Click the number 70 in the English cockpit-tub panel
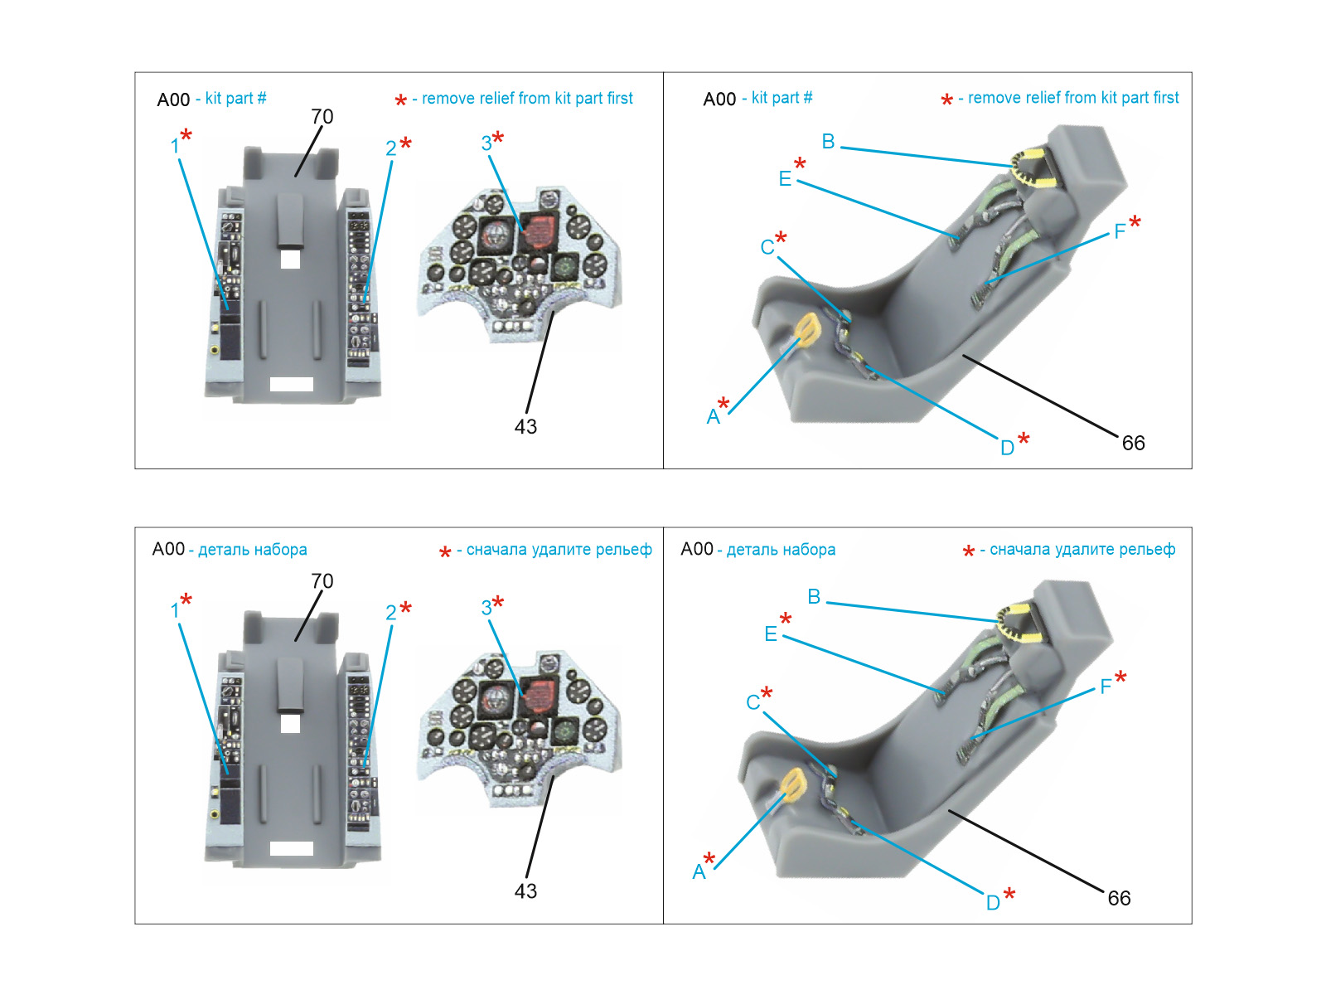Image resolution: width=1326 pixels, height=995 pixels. (x=322, y=117)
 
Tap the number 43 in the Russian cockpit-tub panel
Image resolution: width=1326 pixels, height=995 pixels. (x=525, y=891)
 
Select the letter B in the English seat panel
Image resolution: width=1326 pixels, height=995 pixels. (x=828, y=142)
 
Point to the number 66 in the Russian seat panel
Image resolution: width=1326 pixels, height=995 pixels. (x=1119, y=898)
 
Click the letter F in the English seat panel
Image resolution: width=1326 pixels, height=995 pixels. (x=1120, y=231)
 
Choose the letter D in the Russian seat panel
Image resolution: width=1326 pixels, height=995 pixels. (x=993, y=903)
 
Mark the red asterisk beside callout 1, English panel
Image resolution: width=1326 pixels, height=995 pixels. (x=186, y=134)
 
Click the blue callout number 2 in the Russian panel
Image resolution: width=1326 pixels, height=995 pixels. (x=391, y=613)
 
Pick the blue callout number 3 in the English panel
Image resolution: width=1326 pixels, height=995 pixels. (x=486, y=143)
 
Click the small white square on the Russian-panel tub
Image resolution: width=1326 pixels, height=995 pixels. (x=290, y=724)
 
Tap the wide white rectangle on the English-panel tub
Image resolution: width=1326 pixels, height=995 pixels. (x=292, y=384)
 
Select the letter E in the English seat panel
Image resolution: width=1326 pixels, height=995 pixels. (x=785, y=179)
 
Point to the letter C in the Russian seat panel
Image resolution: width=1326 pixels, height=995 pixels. (x=753, y=702)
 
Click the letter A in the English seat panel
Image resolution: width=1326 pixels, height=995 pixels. (x=713, y=417)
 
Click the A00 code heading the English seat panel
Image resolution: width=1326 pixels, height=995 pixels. (x=719, y=99)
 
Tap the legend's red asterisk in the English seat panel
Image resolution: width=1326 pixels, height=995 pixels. (x=946, y=100)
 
